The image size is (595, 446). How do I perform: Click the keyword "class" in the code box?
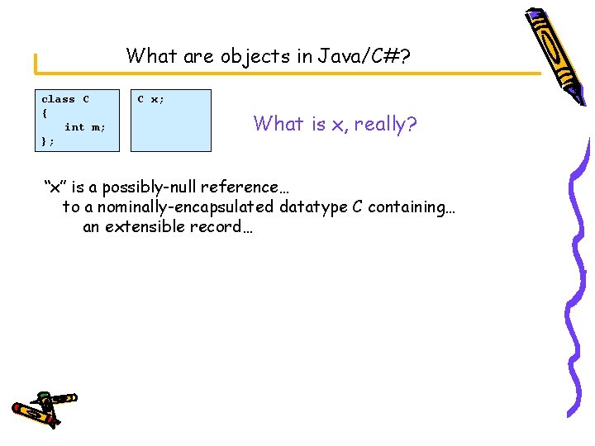click(x=58, y=99)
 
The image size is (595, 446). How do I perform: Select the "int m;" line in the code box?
click(x=85, y=127)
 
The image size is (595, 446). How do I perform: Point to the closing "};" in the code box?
click(x=48, y=141)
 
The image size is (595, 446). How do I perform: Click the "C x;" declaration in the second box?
click(x=150, y=99)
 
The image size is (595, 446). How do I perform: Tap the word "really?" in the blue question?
click(x=385, y=125)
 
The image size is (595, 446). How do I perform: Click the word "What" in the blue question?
click(x=278, y=124)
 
